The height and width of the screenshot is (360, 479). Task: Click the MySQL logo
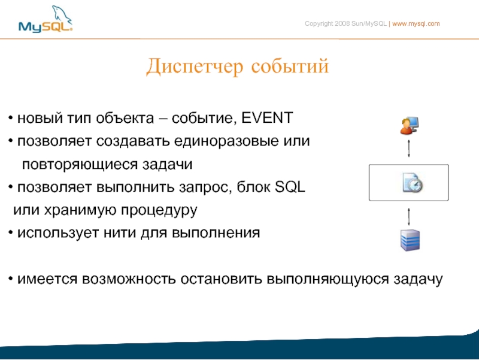point(46,19)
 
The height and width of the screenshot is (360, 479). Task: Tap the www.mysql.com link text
point(416,23)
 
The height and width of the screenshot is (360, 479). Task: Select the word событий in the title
point(290,66)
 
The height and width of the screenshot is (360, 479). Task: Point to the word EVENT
point(267,118)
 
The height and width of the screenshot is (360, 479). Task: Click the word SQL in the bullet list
point(290,187)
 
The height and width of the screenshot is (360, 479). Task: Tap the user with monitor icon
point(410,125)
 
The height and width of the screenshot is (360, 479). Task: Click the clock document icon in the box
point(413,183)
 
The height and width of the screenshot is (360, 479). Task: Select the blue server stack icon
point(410,240)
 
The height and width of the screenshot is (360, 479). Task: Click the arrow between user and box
point(409,149)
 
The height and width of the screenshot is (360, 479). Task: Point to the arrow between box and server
point(409,217)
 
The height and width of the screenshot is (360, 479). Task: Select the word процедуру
point(159,211)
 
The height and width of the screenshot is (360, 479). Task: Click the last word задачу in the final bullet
point(418,280)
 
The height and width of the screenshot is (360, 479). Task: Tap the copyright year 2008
point(342,23)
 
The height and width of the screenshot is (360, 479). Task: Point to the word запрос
point(205,187)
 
